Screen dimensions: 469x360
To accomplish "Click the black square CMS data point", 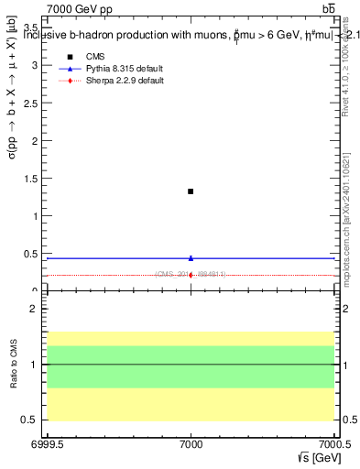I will coord(191,191).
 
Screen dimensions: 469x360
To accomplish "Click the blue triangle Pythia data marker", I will coord(191,258).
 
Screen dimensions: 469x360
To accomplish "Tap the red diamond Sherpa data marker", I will coord(191,275).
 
